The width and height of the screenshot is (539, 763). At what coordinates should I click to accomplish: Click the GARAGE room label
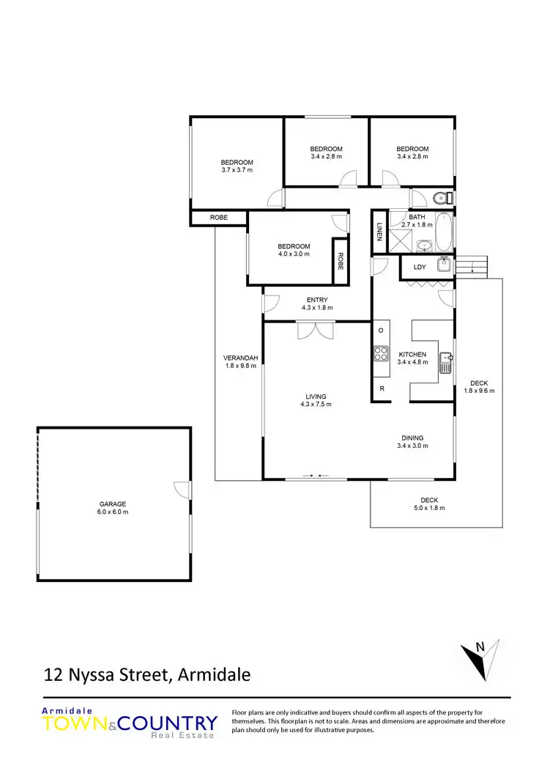click(x=114, y=504)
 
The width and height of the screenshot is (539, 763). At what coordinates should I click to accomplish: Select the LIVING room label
click(x=316, y=397)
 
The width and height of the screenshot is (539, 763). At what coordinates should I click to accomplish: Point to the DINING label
click(x=410, y=438)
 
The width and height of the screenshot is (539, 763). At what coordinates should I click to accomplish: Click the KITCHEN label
click(x=412, y=353)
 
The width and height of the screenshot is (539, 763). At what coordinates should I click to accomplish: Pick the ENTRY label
click(x=317, y=299)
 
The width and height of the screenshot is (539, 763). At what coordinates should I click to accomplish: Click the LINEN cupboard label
click(x=379, y=232)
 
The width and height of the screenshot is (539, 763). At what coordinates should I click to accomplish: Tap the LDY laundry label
click(x=420, y=267)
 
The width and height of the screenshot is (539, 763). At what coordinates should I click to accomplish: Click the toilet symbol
click(x=441, y=197)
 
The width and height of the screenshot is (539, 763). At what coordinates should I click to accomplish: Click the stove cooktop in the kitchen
click(x=381, y=353)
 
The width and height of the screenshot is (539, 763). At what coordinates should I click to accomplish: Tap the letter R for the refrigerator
click(x=382, y=388)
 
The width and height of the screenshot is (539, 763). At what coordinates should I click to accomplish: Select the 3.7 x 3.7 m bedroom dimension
click(x=237, y=170)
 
